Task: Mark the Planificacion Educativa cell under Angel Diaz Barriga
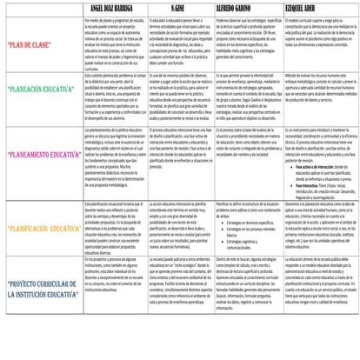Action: [x=117, y=229]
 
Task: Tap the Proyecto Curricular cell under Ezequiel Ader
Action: [x=322, y=290]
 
